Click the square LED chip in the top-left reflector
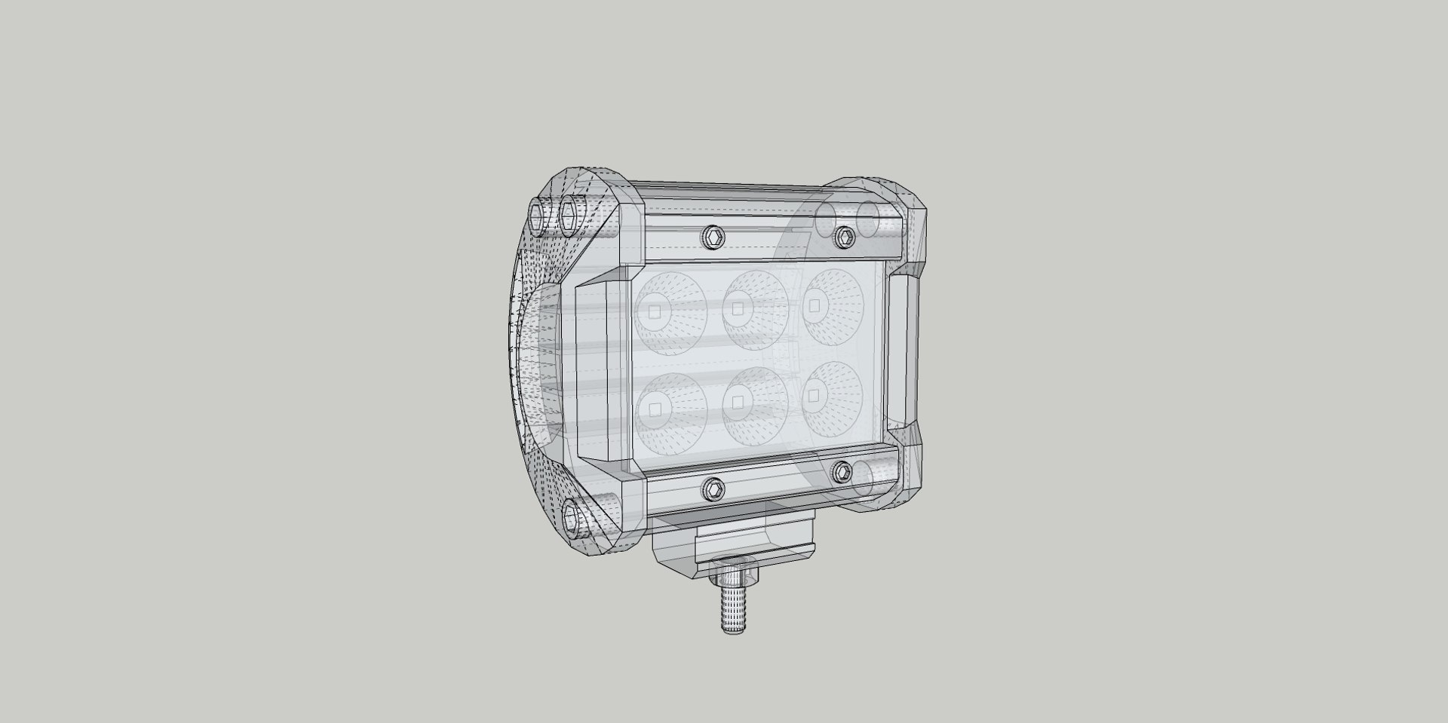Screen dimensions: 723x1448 click(x=654, y=311)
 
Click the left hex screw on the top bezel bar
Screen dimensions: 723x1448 click(x=712, y=238)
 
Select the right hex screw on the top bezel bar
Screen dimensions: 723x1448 click(x=843, y=238)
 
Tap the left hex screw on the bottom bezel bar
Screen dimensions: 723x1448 click(x=713, y=489)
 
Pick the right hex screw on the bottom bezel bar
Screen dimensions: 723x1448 click(x=842, y=472)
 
